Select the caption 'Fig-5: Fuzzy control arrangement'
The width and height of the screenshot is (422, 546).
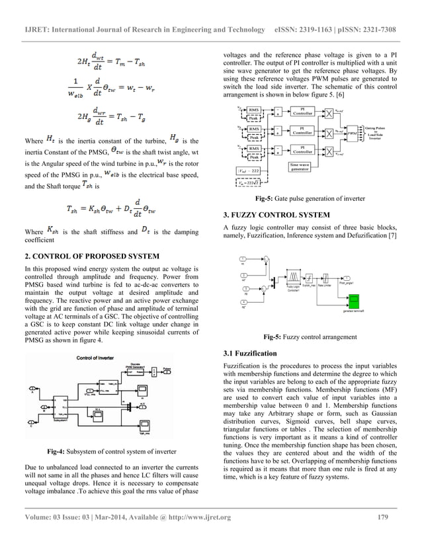tap(306, 336)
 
